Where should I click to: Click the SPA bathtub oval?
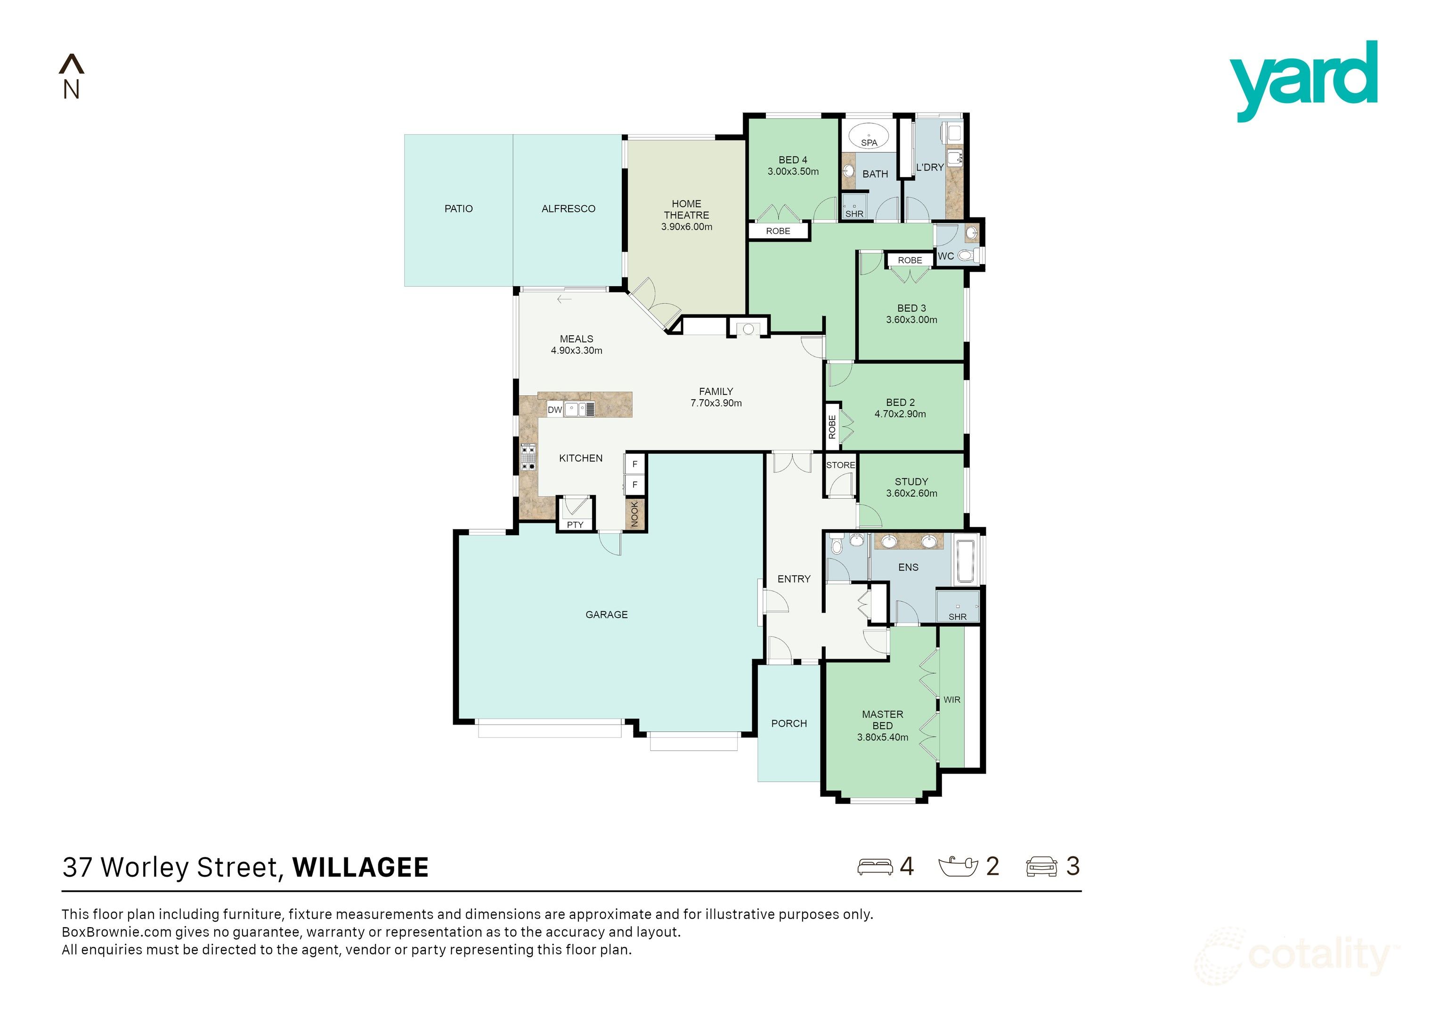pyautogui.click(x=869, y=135)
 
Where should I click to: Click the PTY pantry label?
pyautogui.click(x=575, y=525)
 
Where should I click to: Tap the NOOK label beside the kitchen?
pyautogui.click(x=634, y=514)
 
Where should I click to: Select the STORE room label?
pyautogui.click(x=840, y=466)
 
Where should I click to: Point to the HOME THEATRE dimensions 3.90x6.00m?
pyautogui.click(x=686, y=227)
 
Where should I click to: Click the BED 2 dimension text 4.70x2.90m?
pyautogui.click(x=900, y=414)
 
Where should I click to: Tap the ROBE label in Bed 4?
pyautogui.click(x=778, y=231)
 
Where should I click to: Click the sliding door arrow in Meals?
pyautogui.click(x=564, y=299)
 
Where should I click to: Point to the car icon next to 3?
pyautogui.click(x=1041, y=867)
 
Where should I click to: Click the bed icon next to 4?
pyautogui.click(x=875, y=867)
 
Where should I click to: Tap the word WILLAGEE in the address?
pyautogui.click(x=360, y=868)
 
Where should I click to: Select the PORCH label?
pyautogui.click(x=789, y=724)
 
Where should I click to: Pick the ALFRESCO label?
pyautogui.click(x=568, y=209)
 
